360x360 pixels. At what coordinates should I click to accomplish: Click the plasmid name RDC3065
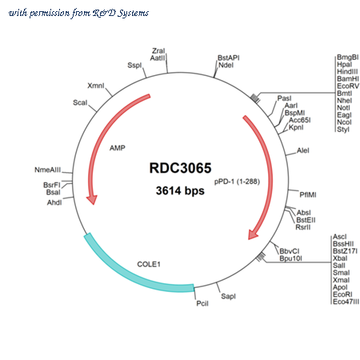click(180, 168)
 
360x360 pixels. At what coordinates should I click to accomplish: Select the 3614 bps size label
click(180, 190)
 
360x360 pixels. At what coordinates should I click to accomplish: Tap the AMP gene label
click(118, 148)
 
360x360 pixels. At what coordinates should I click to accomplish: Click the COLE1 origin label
click(149, 264)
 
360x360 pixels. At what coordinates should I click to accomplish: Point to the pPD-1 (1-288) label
click(237, 182)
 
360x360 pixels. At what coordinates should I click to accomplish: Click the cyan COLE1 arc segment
click(134, 274)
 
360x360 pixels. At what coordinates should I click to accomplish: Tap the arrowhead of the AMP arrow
click(92, 199)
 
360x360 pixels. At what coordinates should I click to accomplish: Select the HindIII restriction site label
click(347, 72)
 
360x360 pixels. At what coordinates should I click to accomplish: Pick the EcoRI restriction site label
click(342, 294)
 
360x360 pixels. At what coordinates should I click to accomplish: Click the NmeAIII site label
click(48, 170)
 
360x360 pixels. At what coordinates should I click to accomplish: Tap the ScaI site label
click(80, 102)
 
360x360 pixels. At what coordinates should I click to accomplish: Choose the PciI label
click(202, 303)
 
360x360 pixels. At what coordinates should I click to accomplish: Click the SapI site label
click(228, 296)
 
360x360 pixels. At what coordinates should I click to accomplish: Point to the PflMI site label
click(308, 195)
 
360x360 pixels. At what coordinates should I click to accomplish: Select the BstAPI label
click(229, 58)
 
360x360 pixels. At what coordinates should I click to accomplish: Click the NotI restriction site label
click(344, 108)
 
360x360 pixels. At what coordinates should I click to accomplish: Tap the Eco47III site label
click(346, 302)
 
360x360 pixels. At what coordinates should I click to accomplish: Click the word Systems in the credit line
click(133, 13)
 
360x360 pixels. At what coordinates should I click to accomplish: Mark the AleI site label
click(303, 150)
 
